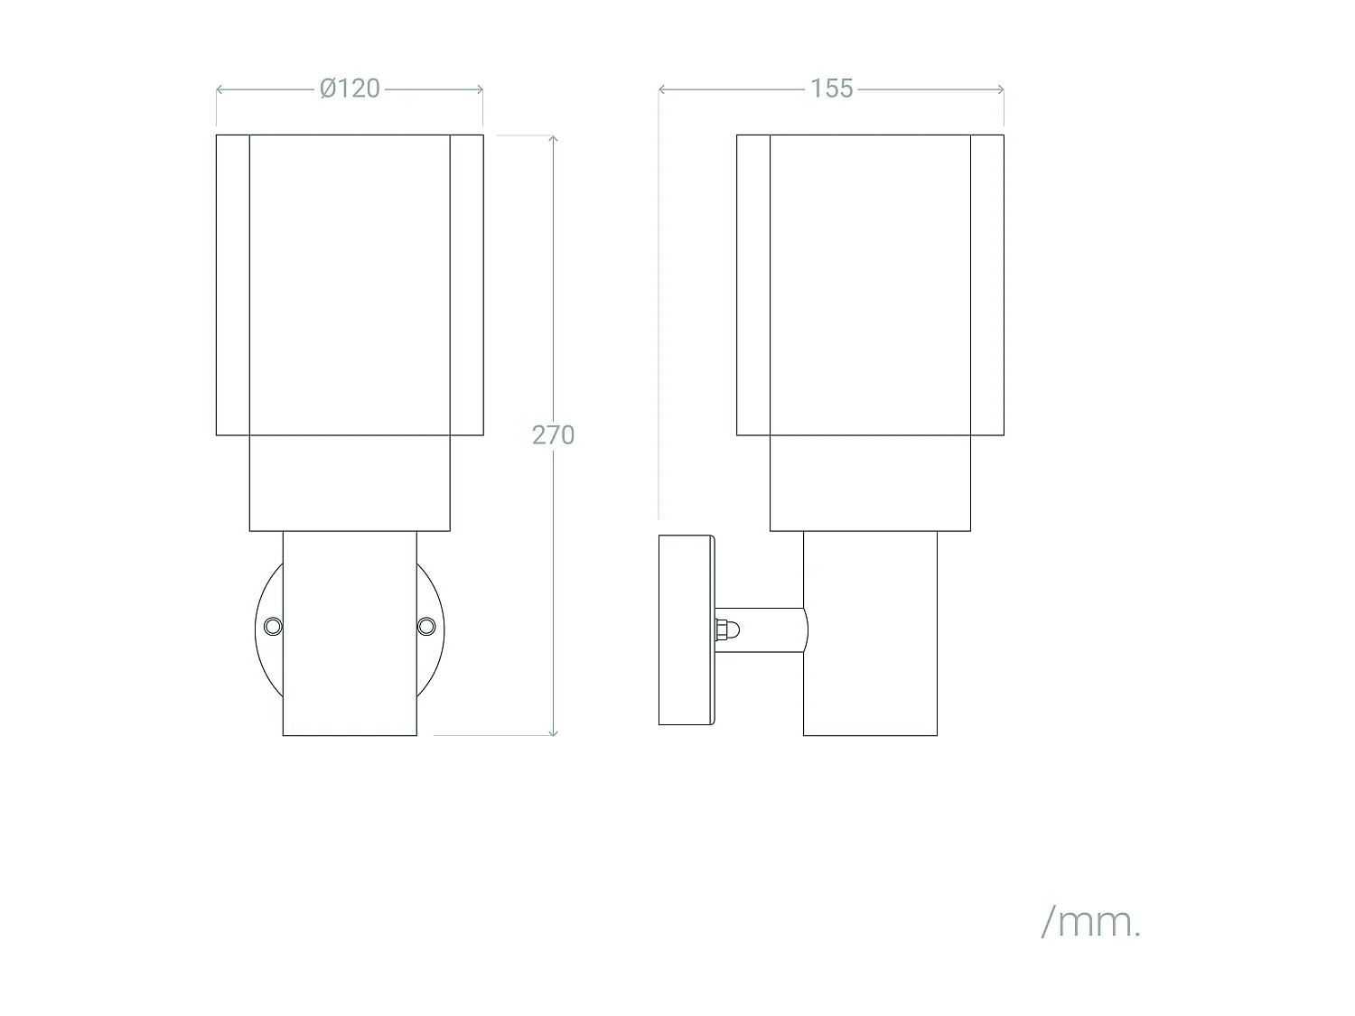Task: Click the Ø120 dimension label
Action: (350, 89)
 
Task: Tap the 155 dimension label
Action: (831, 89)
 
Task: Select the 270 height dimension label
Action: (553, 435)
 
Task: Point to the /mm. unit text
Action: (1091, 922)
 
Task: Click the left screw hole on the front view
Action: (272, 626)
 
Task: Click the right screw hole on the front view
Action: (426, 626)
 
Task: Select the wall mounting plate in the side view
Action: (687, 630)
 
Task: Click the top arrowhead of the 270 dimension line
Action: (553, 138)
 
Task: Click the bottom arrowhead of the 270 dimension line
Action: (553, 732)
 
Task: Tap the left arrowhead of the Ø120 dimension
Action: (220, 89)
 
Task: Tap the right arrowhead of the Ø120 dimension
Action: (480, 89)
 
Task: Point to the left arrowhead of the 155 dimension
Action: (662, 89)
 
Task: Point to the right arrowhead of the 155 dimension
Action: (1001, 89)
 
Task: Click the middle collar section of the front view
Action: (350, 483)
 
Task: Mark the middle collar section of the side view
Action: (870, 483)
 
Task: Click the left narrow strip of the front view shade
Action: (233, 284)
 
